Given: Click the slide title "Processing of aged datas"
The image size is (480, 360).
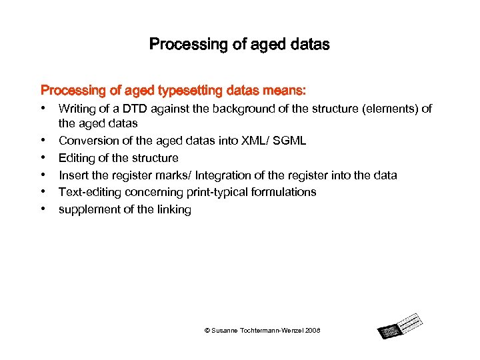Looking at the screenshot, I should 239,45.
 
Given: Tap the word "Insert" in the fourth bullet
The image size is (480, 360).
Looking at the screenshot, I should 73,175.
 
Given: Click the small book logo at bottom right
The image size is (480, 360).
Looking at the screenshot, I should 400,325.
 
